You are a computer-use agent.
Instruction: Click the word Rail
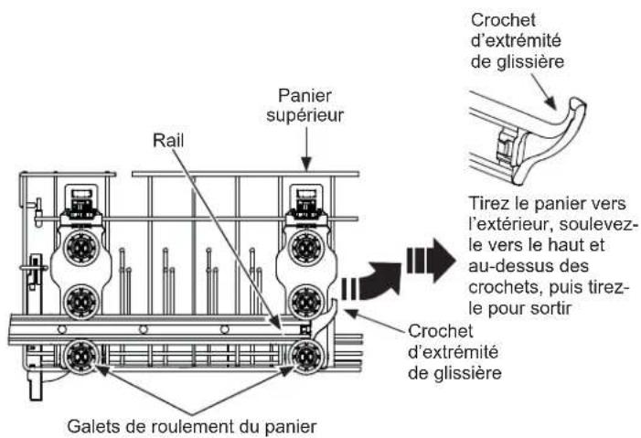point(168,140)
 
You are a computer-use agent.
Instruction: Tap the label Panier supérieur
point(305,105)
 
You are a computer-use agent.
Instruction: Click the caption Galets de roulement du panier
point(192,426)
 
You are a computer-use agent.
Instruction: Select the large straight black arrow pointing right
point(431,260)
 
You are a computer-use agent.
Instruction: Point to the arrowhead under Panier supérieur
point(306,164)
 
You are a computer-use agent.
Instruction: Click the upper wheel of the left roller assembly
point(81,248)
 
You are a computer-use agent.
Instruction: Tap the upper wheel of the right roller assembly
point(305,248)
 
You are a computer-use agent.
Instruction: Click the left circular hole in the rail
point(62,329)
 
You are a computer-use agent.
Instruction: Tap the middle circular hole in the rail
point(143,329)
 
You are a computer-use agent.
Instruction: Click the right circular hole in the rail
point(224,329)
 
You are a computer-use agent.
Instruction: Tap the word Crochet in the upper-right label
point(503,20)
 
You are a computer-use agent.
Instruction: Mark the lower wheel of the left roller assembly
point(81,302)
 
